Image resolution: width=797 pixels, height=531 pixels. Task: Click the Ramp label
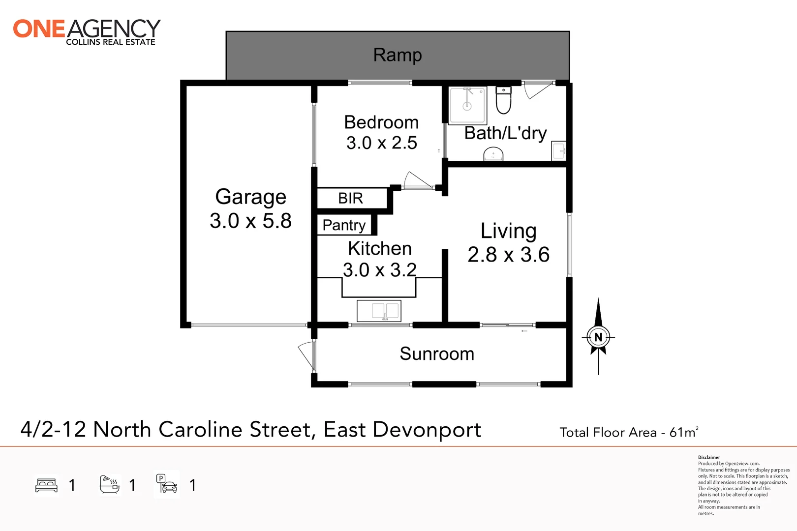click(x=398, y=55)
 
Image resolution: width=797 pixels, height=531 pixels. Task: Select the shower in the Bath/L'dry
click(x=467, y=105)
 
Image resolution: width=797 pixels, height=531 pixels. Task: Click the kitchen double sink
click(x=379, y=311)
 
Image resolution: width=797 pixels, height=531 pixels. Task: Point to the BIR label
click(x=350, y=198)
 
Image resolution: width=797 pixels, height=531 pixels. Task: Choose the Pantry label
click(x=344, y=225)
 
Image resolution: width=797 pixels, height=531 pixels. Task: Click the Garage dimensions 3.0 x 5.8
click(x=250, y=221)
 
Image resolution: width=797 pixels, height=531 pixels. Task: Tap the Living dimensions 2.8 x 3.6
click(x=508, y=255)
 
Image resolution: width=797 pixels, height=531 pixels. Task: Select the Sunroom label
click(x=437, y=354)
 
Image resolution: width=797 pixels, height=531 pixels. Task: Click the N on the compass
click(x=598, y=337)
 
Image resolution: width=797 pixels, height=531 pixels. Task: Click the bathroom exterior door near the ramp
click(x=538, y=90)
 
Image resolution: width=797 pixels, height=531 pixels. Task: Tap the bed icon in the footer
click(x=47, y=485)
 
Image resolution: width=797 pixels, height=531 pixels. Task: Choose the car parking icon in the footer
click(x=167, y=484)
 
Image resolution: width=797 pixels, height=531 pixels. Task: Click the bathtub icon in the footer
click(x=109, y=485)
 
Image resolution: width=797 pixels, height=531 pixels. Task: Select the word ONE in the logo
click(x=39, y=29)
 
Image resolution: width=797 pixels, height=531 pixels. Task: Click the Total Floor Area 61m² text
click(x=628, y=432)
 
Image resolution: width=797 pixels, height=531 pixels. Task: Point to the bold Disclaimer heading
click(x=709, y=457)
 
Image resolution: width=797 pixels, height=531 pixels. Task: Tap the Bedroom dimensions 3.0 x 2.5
click(x=381, y=143)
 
